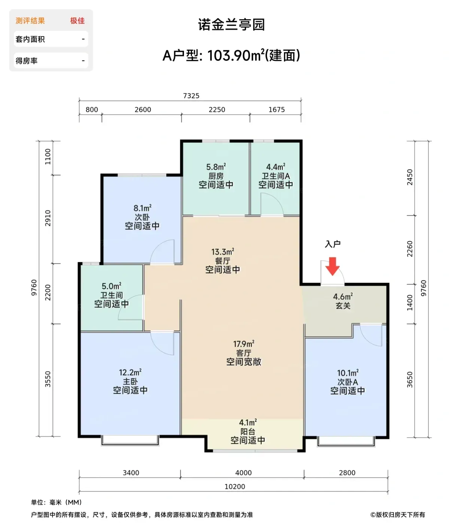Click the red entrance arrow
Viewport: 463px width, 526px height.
pyautogui.click(x=332, y=266)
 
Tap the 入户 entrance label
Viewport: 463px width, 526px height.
pyautogui.click(x=332, y=244)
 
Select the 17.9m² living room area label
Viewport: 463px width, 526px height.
pyautogui.click(x=244, y=344)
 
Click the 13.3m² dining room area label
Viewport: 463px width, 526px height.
pyautogui.click(x=223, y=252)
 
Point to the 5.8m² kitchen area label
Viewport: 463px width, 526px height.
pyautogui.click(x=216, y=167)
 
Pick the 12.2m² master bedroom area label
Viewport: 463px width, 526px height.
pyautogui.click(x=130, y=373)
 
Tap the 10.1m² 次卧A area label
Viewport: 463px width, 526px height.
pyautogui.click(x=348, y=373)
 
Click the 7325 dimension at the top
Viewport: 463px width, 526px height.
pyautogui.click(x=191, y=96)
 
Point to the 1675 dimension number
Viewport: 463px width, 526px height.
pyautogui.click(x=277, y=110)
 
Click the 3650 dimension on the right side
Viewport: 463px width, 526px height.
pyautogui.click(x=410, y=379)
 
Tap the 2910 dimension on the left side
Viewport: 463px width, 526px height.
pyautogui.click(x=48, y=218)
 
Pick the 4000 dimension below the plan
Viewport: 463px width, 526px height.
pyautogui.click(x=243, y=473)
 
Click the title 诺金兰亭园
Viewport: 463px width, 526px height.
pyautogui.click(x=231, y=25)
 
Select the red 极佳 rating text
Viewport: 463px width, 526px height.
pyautogui.click(x=77, y=21)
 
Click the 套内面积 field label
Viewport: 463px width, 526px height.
pyautogui.click(x=30, y=39)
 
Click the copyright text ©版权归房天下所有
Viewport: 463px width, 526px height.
pyautogui.click(x=398, y=515)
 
